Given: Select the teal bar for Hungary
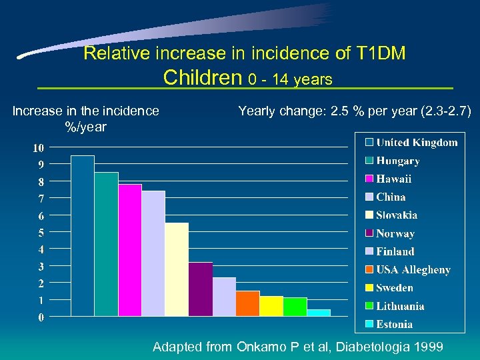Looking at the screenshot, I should (106, 244).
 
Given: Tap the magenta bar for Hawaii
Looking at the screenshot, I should (130, 250).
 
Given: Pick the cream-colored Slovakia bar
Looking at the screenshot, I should (177, 269).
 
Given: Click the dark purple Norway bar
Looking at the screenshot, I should (201, 289).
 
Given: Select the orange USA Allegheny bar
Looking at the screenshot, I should (247, 303).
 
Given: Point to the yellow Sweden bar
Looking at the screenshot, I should (271, 306).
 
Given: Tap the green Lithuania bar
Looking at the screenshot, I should (295, 307).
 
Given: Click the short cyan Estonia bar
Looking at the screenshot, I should (319, 313).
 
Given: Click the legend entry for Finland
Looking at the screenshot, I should (395, 252).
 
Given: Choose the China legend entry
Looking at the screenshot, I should (391, 197).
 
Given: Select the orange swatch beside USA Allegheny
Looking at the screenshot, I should (369, 270).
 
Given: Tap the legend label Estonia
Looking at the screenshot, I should (394, 325).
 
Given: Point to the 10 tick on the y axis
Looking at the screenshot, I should (39, 147).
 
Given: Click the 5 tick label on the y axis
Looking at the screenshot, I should (41, 233).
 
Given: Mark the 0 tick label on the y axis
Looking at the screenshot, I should (41, 317).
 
